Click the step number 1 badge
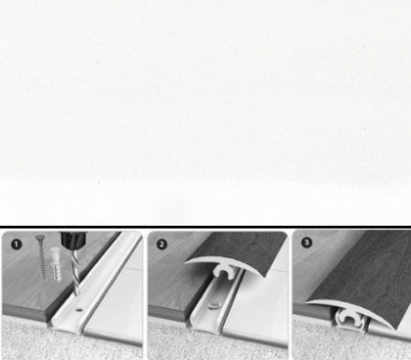click(x=16, y=245)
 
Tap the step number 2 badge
click(x=161, y=245)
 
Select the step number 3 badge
click(x=306, y=243)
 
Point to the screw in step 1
click(x=41, y=256)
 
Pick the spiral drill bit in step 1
click(x=75, y=273)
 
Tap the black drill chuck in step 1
click(x=73, y=241)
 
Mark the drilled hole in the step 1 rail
click(x=79, y=310)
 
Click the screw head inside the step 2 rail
click(x=213, y=305)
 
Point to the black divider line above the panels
click(x=205, y=226)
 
